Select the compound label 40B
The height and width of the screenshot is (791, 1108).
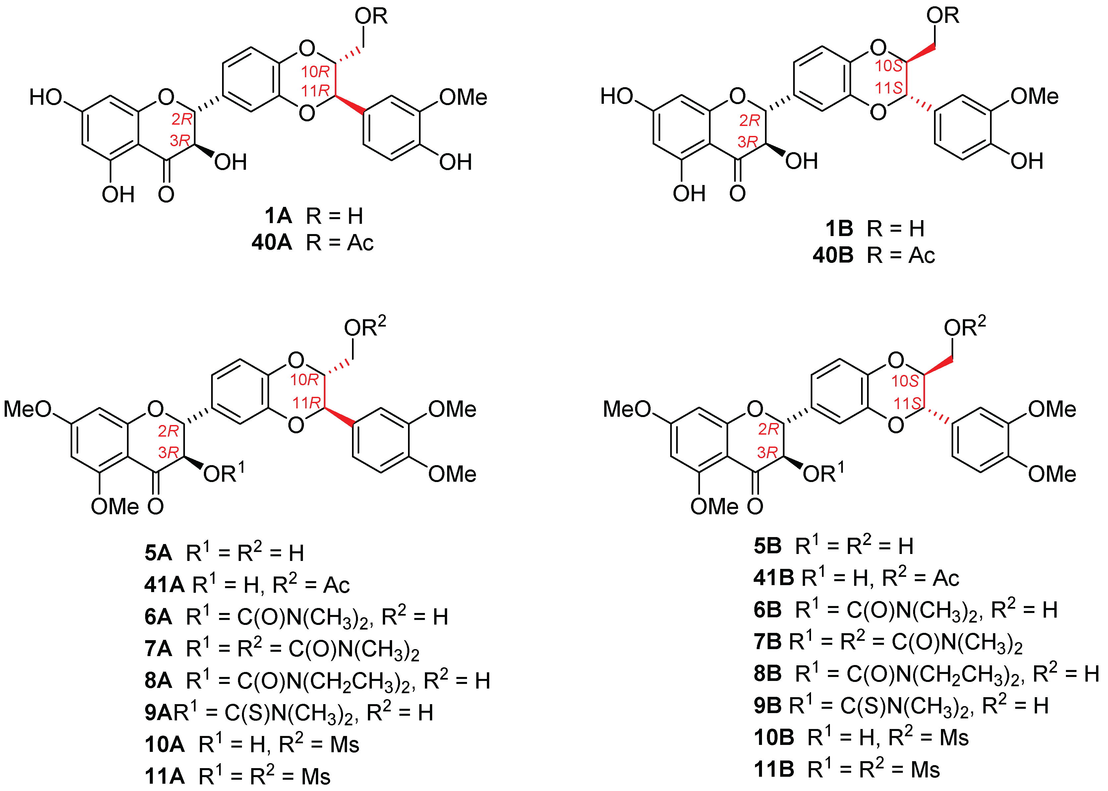coord(833,255)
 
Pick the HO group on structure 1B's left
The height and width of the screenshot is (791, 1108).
coord(616,96)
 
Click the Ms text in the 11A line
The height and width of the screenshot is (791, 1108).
coord(316,777)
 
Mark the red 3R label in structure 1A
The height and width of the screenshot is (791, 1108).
coord(180,141)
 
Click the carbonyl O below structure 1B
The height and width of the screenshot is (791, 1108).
coord(737,193)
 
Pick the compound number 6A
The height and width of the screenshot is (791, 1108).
coord(158,617)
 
